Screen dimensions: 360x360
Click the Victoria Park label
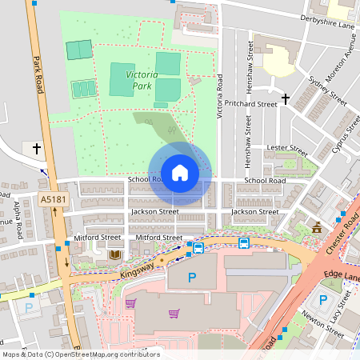(x=141, y=79)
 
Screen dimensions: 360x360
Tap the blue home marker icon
(x=180, y=173)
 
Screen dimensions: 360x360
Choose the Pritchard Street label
(x=250, y=103)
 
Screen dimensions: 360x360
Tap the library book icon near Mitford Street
(x=113, y=254)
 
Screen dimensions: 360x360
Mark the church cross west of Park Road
(x=36, y=148)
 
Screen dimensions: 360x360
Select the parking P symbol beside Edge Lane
(x=323, y=300)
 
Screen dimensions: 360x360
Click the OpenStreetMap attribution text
(x=80, y=354)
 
